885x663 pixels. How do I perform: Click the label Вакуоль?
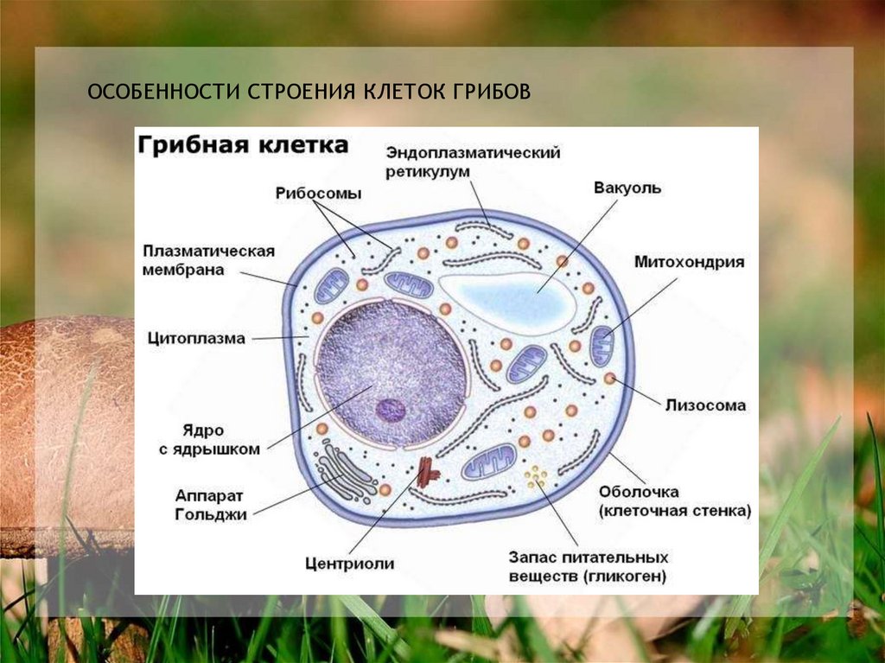pyautogui.click(x=627, y=188)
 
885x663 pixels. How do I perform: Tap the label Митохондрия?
pyautogui.click(x=689, y=262)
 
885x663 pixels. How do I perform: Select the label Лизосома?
pyautogui.click(x=705, y=405)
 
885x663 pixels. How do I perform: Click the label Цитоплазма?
pyautogui.click(x=196, y=337)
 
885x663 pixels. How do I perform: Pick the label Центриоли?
pyautogui.click(x=349, y=564)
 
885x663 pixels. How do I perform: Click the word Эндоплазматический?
pyautogui.click(x=474, y=153)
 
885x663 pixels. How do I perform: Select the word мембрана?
pyautogui.click(x=183, y=270)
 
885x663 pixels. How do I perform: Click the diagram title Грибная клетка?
pyautogui.click(x=243, y=144)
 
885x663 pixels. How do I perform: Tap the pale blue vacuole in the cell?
pyautogui.click(x=510, y=299)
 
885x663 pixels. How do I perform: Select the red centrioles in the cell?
pyautogui.click(x=427, y=472)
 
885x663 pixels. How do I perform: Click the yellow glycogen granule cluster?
pyautogui.click(x=537, y=475)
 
